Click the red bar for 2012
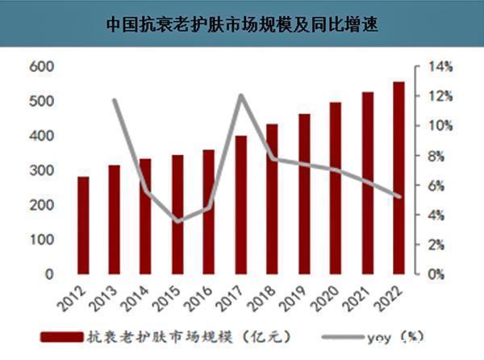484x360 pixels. [83, 226]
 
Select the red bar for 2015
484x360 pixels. [177, 215]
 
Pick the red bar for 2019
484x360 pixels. [303, 194]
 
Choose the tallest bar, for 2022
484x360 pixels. [398, 178]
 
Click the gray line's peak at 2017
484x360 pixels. [240, 96]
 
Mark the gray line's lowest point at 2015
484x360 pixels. [177, 221]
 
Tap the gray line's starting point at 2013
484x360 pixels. [115, 100]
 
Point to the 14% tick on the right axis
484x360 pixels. [436, 67]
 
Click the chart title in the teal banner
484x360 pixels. [242, 24]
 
